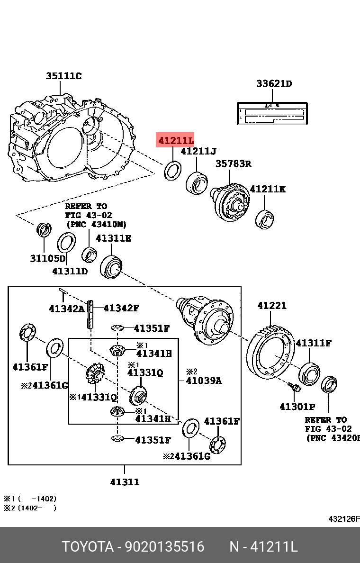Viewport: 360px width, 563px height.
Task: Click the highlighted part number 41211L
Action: click(176, 140)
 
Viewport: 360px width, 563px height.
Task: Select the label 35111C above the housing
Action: click(63, 76)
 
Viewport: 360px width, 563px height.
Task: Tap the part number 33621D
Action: click(274, 84)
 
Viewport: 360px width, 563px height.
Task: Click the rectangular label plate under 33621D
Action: click(273, 114)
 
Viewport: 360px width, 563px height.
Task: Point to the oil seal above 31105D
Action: click(45, 229)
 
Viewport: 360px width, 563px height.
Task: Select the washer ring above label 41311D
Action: click(66, 244)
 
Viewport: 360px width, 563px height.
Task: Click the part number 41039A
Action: click(204, 380)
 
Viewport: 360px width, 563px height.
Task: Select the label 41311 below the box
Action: click(125, 482)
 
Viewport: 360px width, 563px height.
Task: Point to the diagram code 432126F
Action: click(344, 519)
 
